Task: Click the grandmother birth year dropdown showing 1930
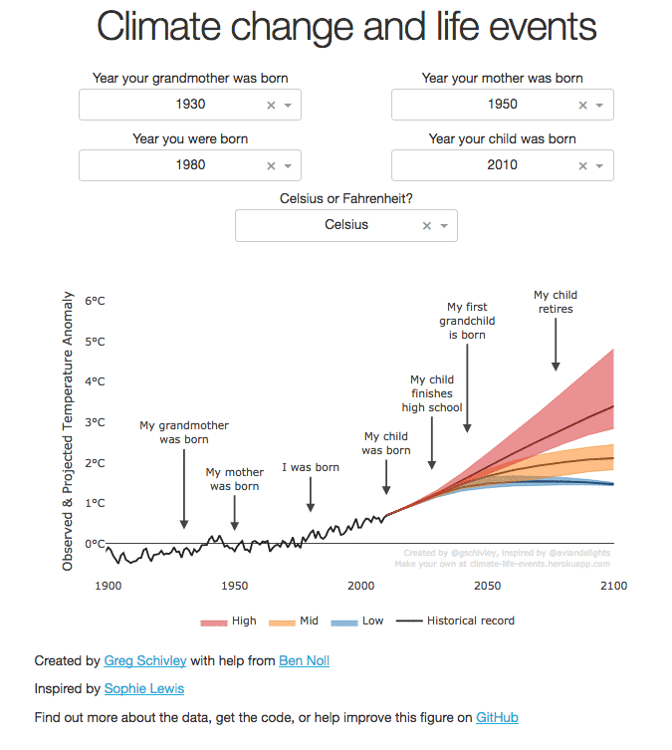[x=189, y=105]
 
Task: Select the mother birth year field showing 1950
[x=502, y=105]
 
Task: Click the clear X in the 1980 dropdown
[x=271, y=165]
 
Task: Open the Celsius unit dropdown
[x=345, y=225]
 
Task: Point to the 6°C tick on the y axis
[x=95, y=301]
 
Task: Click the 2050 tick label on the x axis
[x=487, y=587]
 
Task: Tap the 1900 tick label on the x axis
[x=108, y=587]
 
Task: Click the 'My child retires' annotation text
[x=556, y=302]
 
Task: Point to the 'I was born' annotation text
[x=311, y=467]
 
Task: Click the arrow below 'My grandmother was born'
[x=184, y=488]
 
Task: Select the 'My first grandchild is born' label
[x=466, y=321]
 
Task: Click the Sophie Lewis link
[x=143, y=688]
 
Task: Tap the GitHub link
[x=497, y=717]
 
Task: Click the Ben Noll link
[x=304, y=660]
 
